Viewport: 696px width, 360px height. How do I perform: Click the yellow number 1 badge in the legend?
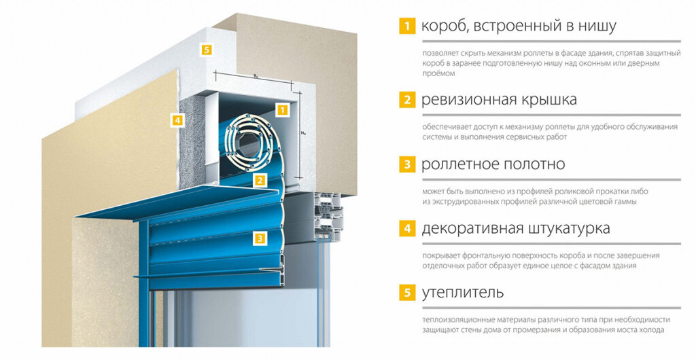point(407,26)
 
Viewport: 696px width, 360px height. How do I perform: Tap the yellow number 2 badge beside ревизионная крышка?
point(407,100)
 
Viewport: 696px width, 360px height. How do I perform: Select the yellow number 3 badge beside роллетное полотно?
point(407,164)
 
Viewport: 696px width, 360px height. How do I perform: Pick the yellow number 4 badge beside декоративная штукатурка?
point(407,228)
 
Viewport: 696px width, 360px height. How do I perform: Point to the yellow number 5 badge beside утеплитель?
point(407,293)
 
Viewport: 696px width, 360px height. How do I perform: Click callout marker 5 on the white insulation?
point(206,49)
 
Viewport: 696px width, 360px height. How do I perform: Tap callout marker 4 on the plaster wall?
point(177,120)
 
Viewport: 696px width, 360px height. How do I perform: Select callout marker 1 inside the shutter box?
point(282,109)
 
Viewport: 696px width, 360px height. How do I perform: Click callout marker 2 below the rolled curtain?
point(260,179)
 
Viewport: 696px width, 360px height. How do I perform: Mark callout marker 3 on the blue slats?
point(260,238)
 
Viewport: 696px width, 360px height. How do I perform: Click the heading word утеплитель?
point(462,293)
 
